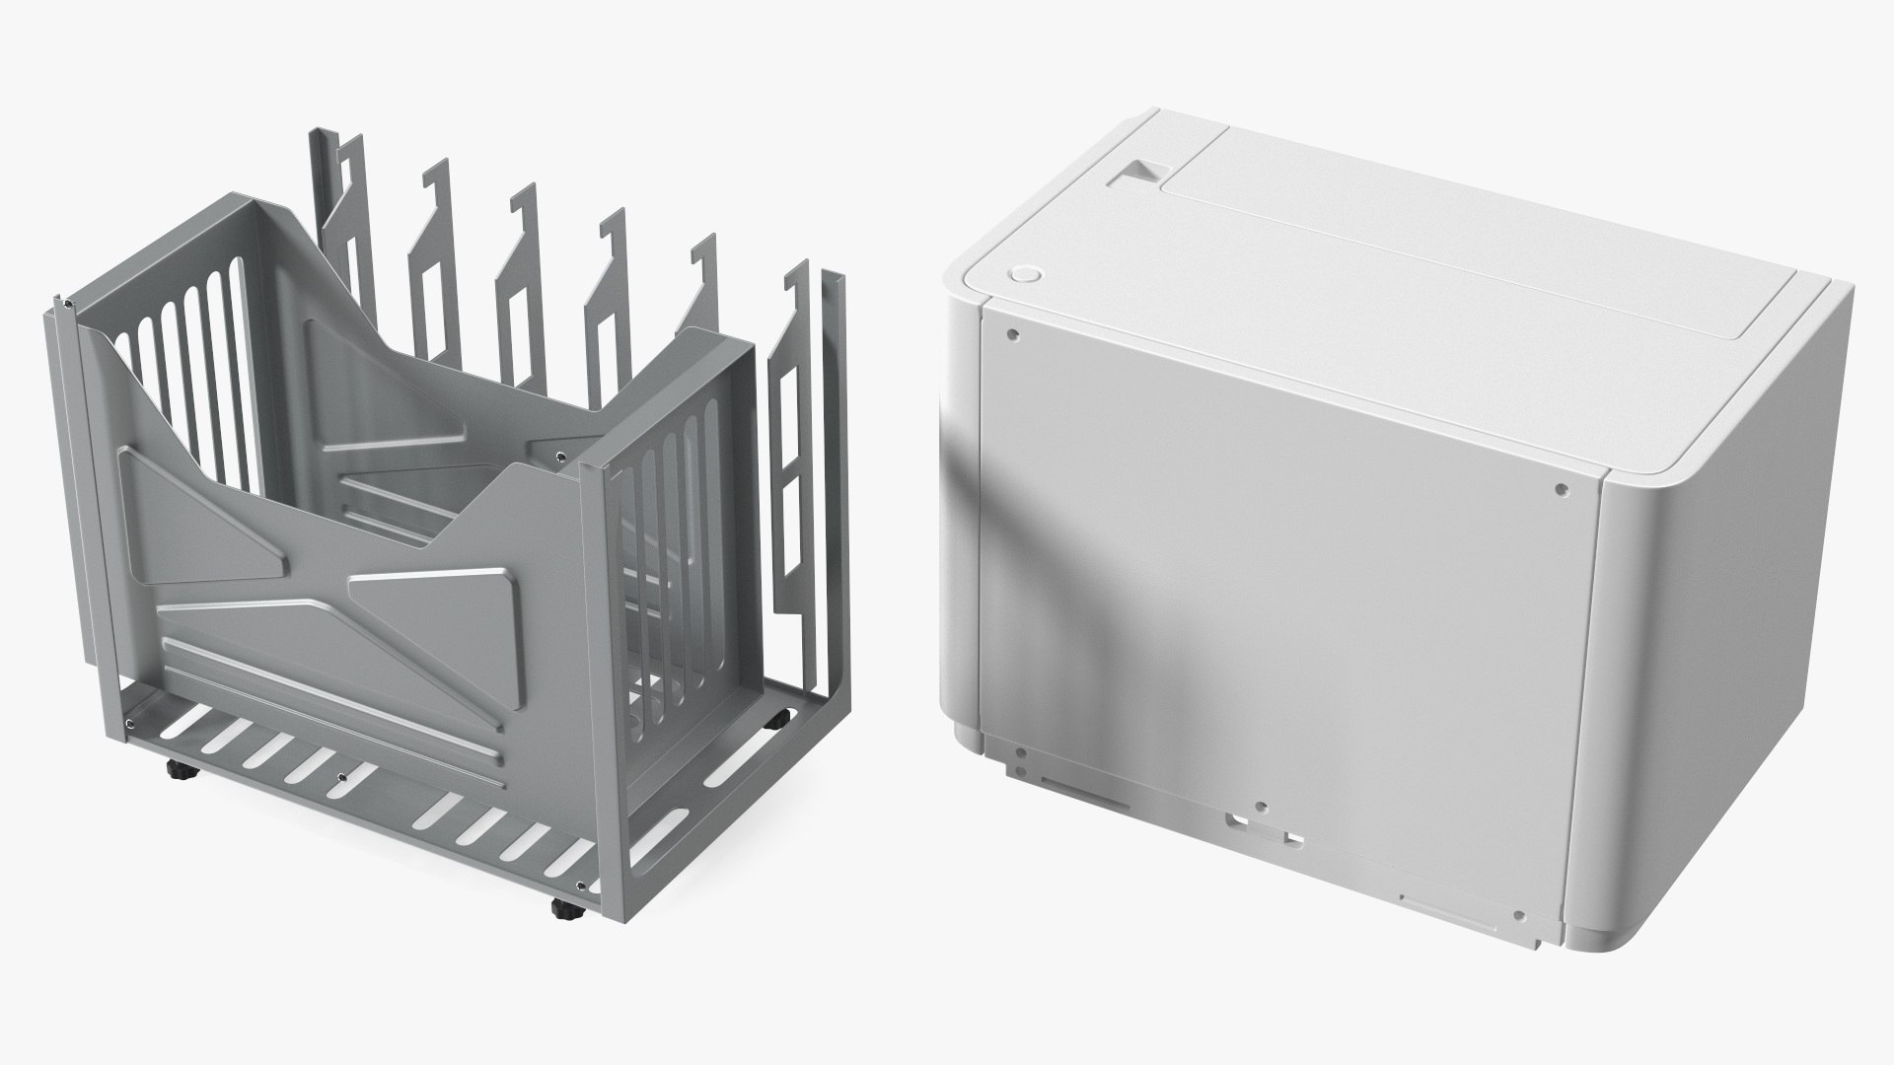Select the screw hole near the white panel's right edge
pos(1561,488)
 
